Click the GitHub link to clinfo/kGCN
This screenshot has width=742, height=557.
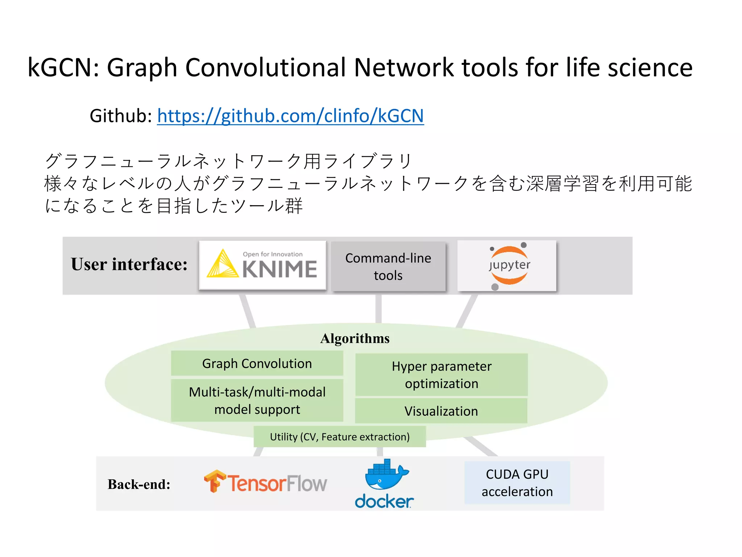pos(290,116)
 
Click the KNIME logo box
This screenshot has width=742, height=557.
pos(262,265)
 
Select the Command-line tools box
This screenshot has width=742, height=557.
pos(388,267)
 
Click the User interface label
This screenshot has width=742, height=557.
pos(129,264)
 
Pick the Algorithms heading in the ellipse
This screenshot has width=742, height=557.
pos(355,338)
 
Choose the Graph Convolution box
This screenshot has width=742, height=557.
pos(257,363)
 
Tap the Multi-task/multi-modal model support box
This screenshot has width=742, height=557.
pos(257,401)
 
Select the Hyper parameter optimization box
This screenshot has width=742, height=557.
pos(441,375)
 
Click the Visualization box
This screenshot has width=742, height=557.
pos(441,411)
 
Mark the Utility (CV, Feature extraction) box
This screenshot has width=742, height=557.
pos(339,437)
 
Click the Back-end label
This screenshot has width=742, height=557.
pos(139,484)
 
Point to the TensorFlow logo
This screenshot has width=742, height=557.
pos(265,482)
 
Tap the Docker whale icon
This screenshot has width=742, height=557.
pos(385,474)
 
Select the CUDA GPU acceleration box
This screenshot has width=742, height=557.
pos(517,483)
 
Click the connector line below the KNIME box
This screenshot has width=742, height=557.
pos(248,310)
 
